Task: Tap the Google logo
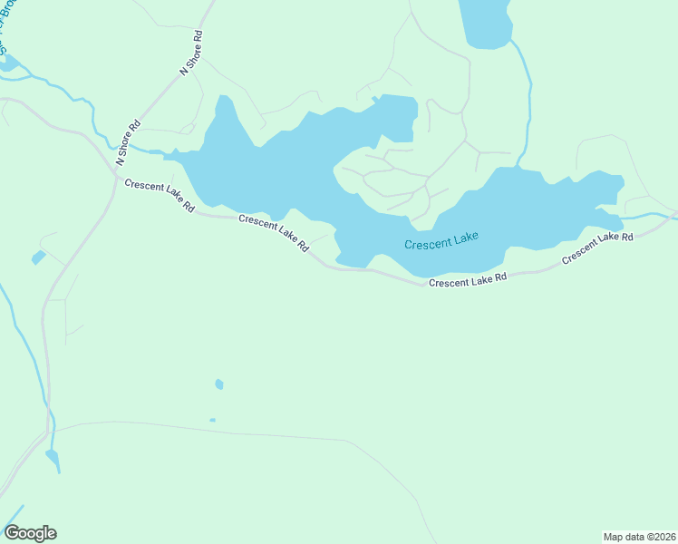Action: (x=30, y=533)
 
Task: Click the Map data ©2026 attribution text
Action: (x=639, y=537)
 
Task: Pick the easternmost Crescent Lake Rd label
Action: (x=596, y=248)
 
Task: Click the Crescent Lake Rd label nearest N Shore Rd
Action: (x=160, y=195)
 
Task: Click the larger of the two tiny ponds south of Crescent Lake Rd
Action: (x=218, y=384)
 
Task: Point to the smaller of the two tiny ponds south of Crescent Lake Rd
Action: (x=212, y=420)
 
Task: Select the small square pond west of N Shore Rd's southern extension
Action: (x=38, y=257)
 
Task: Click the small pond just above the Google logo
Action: (x=53, y=459)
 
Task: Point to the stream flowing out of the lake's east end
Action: (x=648, y=217)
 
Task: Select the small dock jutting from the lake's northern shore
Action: (x=375, y=99)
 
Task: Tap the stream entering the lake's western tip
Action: (x=145, y=148)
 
